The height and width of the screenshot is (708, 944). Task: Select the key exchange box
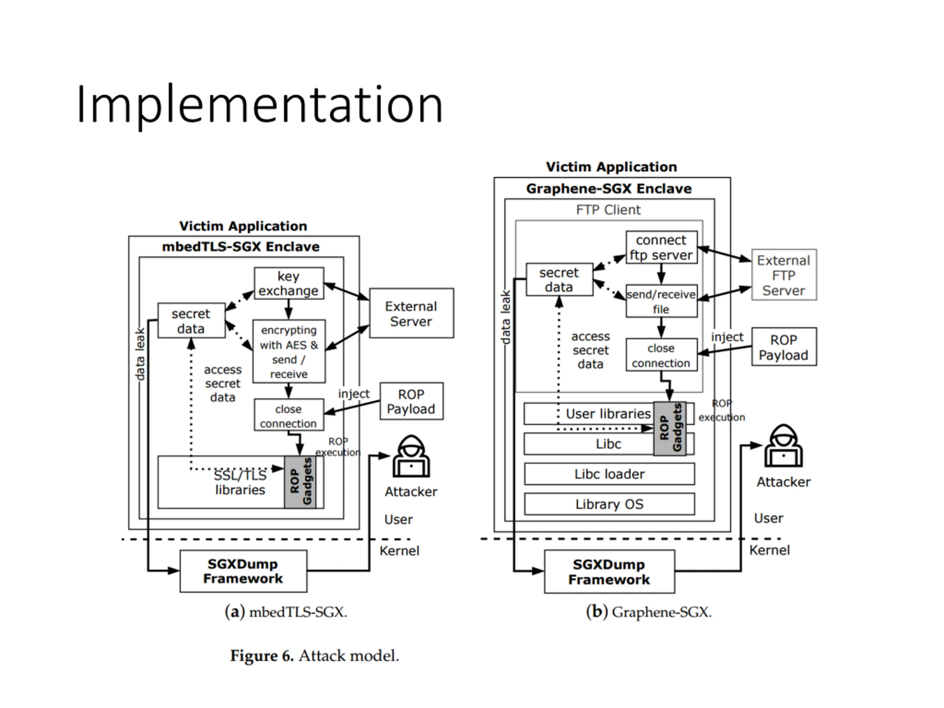point(289,283)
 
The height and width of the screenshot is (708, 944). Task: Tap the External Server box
point(412,313)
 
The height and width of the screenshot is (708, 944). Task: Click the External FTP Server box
point(784,275)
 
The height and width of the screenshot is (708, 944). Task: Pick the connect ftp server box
point(662,247)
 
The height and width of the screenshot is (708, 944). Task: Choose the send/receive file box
point(662,301)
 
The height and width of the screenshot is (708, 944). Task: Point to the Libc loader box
point(610,474)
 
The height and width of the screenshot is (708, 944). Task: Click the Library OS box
point(610,504)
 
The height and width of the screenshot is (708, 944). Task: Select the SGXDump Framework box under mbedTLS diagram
point(243,571)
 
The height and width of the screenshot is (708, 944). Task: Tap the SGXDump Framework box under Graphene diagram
point(610,572)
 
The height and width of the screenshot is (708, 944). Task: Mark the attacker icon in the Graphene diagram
point(784,445)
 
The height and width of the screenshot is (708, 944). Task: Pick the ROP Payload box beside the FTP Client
point(784,347)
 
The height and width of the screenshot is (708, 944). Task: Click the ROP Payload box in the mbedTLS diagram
point(412,401)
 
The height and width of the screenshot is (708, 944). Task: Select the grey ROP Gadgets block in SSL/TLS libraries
point(301,482)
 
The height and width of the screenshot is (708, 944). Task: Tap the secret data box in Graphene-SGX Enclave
point(559,280)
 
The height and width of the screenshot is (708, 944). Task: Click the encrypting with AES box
point(289,351)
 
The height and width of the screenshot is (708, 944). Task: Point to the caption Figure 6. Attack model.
point(315,656)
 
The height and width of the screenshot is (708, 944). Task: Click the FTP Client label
point(608,210)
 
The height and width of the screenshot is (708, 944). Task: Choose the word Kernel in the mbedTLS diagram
point(399,551)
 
